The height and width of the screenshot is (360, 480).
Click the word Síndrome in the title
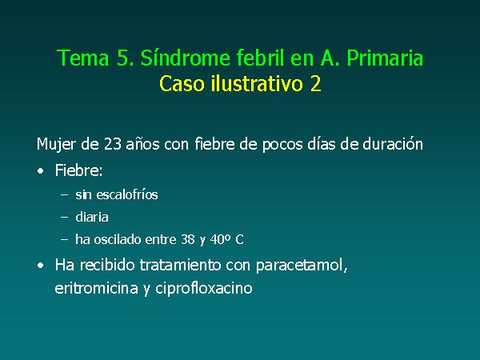pyautogui.click(x=186, y=58)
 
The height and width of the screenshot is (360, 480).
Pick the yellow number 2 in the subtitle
pyautogui.click(x=316, y=83)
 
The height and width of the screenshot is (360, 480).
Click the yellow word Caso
pyautogui.click(x=182, y=83)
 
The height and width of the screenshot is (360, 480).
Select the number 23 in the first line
pyautogui.click(x=112, y=144)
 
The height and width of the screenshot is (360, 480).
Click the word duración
pyautogui.click(x=393, y=143)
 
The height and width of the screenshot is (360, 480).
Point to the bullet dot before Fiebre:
pyautogui.click(x=41, y=171)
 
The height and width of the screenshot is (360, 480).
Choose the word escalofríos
pyautogui.click(x=127, y=194)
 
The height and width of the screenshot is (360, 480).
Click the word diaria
pyautogui.click(x=92, y=217)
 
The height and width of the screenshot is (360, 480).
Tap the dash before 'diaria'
pyautogui.click(x=64, y=217)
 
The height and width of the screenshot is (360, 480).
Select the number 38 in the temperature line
pyautogui.click(x=188, y=239)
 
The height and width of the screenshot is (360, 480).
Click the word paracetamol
pyautogui.click(x=302, y=266)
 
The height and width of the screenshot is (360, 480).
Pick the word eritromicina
pyautogui.click(x=96, y=288)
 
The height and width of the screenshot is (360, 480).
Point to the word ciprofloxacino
pyautogui.click(x=203, y=289)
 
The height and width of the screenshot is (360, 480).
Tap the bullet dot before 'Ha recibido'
pyautogui.click(x=41, y=266)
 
